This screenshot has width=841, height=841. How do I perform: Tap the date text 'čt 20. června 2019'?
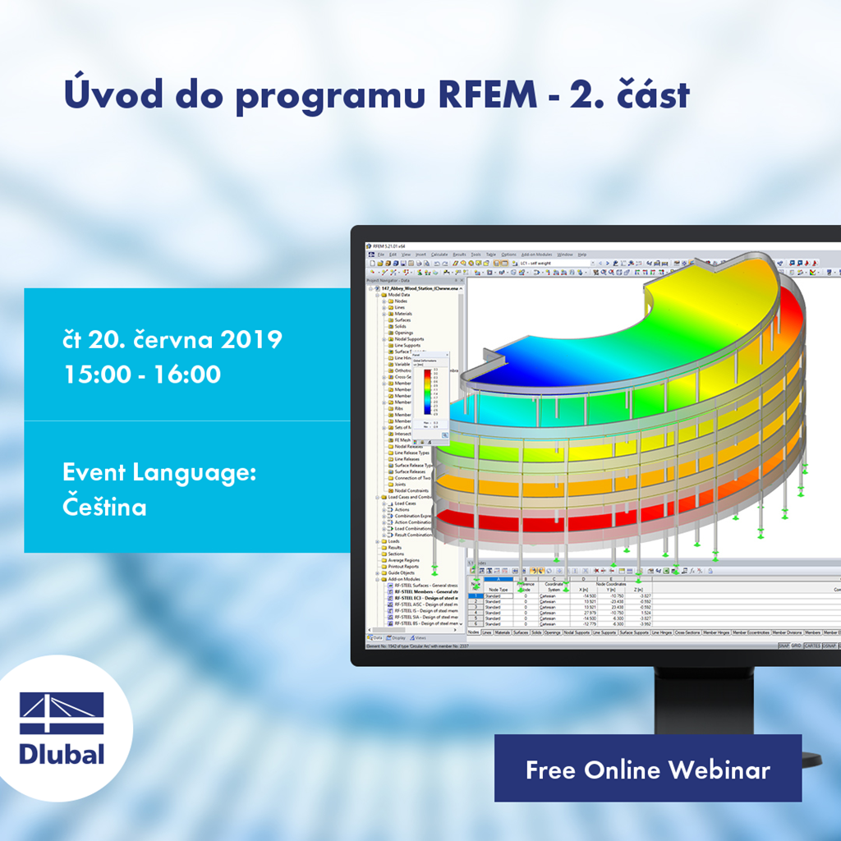tap(172, 339)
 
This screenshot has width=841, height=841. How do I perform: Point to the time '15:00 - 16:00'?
tap(142, 375)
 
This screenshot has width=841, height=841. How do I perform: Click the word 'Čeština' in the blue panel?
tap(104, 507)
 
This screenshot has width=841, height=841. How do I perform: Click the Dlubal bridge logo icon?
tap(62, 713)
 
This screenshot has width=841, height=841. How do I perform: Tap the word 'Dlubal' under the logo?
tap(62, 752)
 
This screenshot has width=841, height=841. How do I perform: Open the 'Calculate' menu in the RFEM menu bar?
tap(439, 255)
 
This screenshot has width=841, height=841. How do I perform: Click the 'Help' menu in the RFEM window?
tap(581, 255)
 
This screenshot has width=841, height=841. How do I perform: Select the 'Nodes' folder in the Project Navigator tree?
tap(401, 301)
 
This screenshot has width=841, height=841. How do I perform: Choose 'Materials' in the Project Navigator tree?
tap(403, 314)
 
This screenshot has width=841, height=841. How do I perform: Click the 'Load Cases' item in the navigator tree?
tap(406, 503)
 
